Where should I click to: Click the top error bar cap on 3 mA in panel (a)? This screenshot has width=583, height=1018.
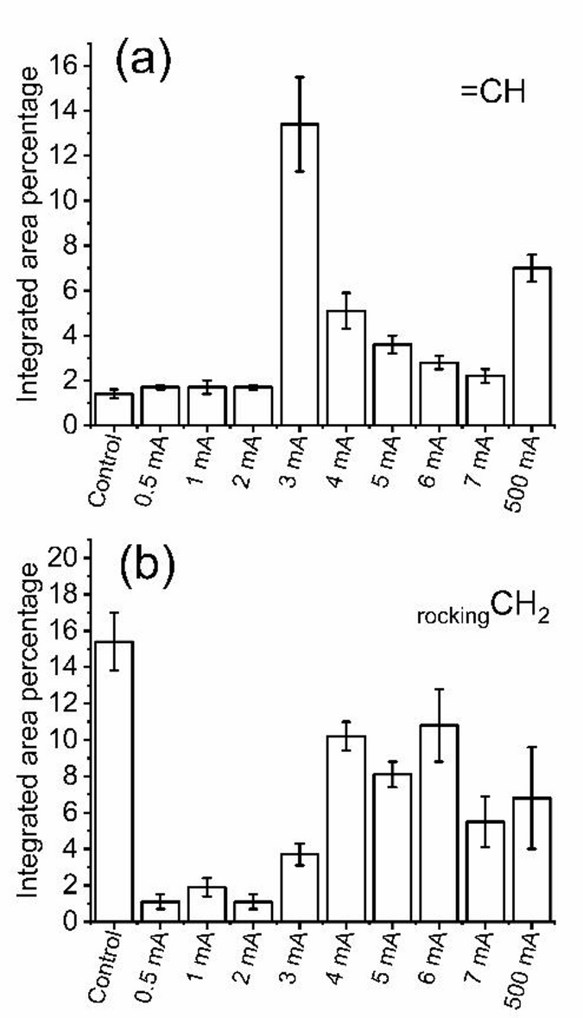coord(300,77)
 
